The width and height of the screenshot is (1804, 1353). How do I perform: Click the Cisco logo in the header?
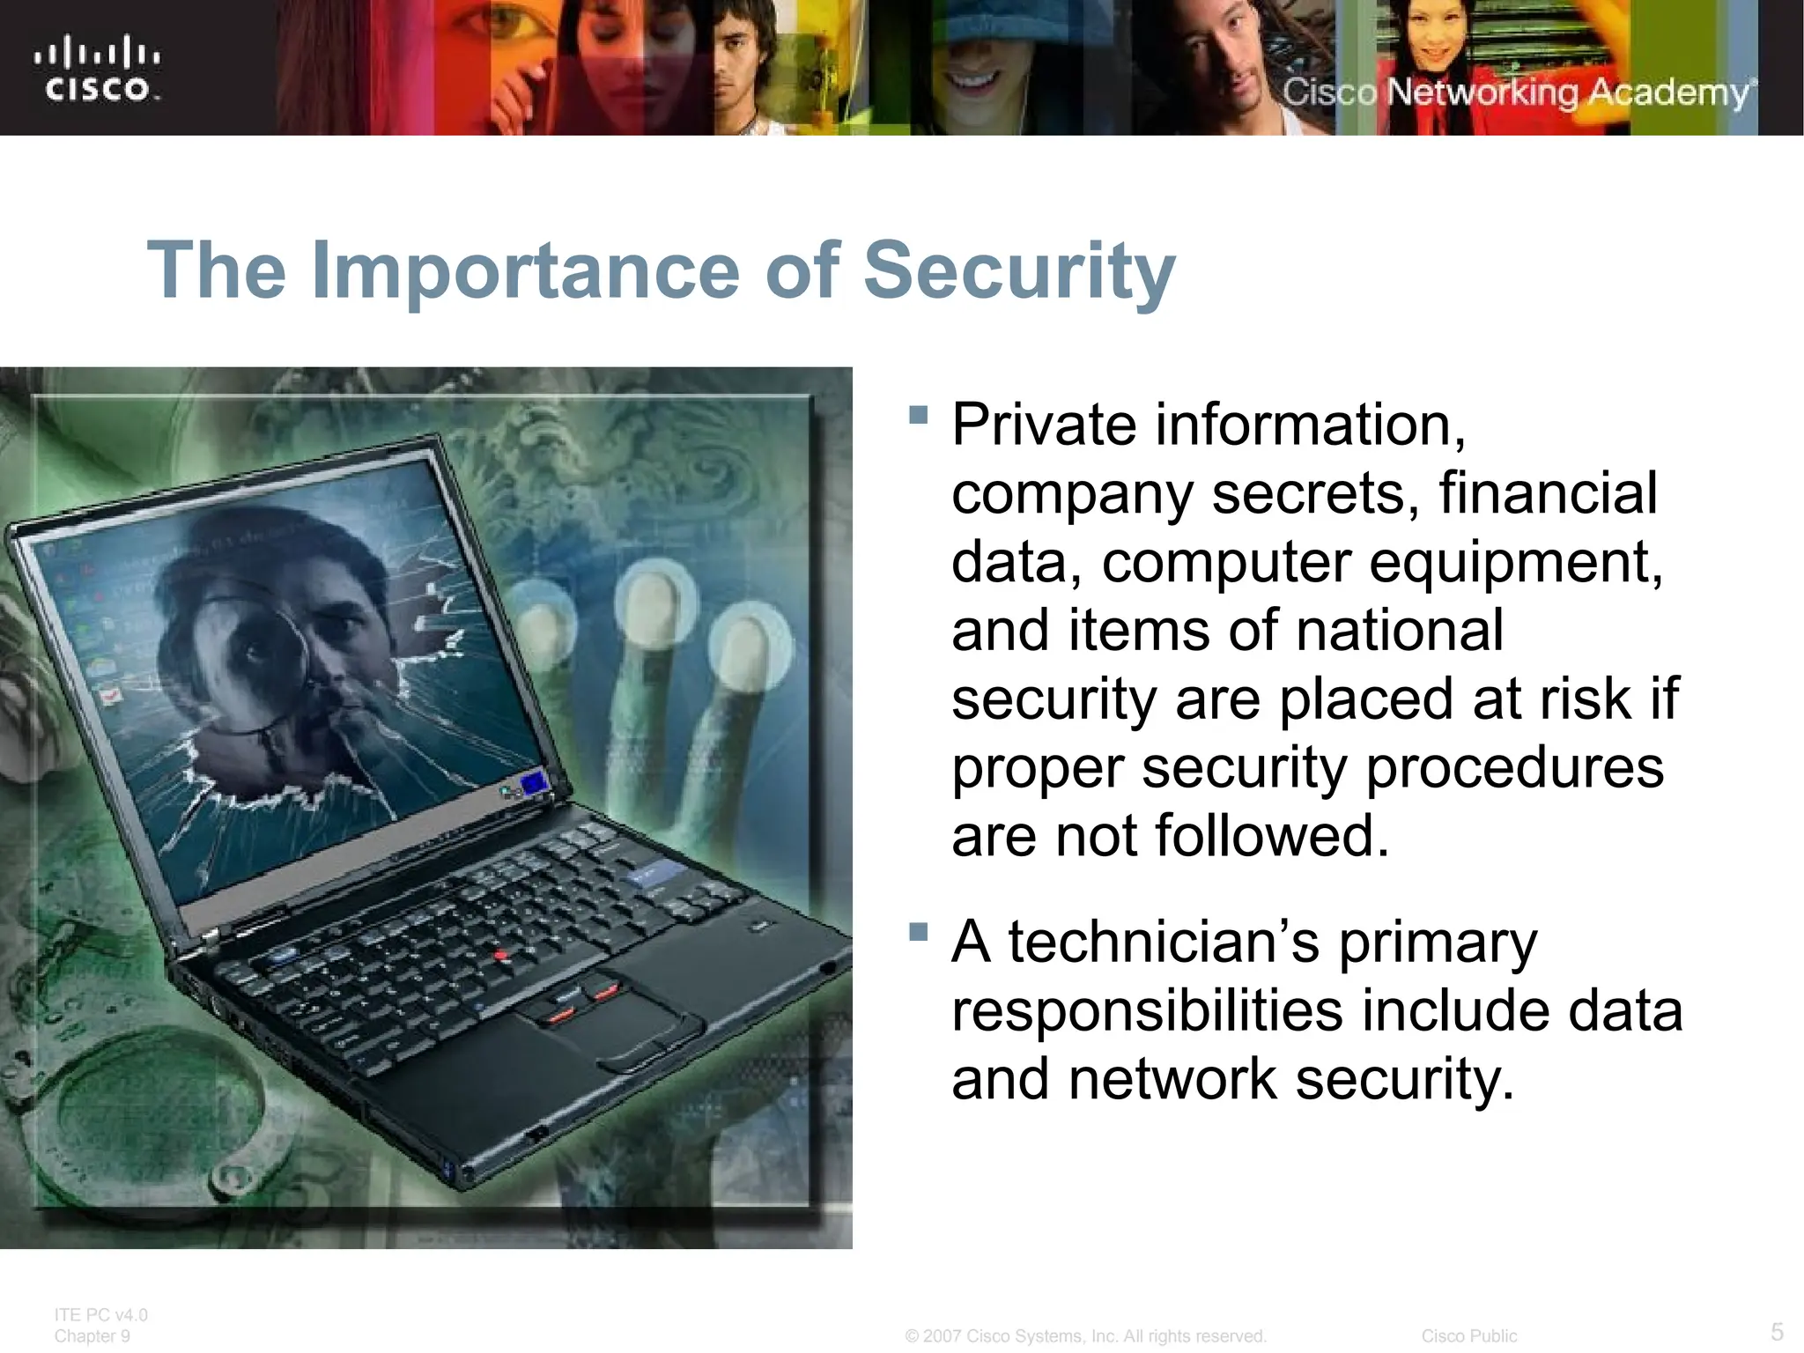pyautogui.click(x=97, y=69)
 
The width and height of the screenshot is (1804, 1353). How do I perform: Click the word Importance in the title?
pyautogui.click(x=525, y=270)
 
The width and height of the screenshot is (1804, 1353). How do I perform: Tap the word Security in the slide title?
pyautogui.click(x=1018, y=270)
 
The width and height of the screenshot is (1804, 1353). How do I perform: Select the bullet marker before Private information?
pyautogui.click(x=918, y=415)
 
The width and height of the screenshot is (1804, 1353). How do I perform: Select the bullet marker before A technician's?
pyautogui.click(x=918, y=932)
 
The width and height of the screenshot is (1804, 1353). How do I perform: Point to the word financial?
pyautogui.click(x=1548, y=493)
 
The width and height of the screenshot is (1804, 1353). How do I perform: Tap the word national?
pyautogui.click(x=1400, y=631)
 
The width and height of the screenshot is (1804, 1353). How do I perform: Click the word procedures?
pyautogui.click(x=1514, y=768)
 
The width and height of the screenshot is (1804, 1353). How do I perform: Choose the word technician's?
pyautogui.click(x=1164, y=943)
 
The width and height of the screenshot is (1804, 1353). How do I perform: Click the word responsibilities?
pyautogui.click(x=1147, y=1011)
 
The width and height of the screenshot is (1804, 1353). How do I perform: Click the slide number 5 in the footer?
pyautogui.click(x=1777, y=1331)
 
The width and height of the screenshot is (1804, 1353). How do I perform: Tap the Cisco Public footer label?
pyautogui.click(x=1468, y=1336)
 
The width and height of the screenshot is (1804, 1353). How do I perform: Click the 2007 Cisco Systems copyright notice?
pyautogui.click(x=1085, y=1336)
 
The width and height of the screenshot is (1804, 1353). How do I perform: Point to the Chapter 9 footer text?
pyautogui.click(x=92, y=1336)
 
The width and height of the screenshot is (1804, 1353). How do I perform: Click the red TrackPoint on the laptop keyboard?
pyautogui.click(x=500, y=954)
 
